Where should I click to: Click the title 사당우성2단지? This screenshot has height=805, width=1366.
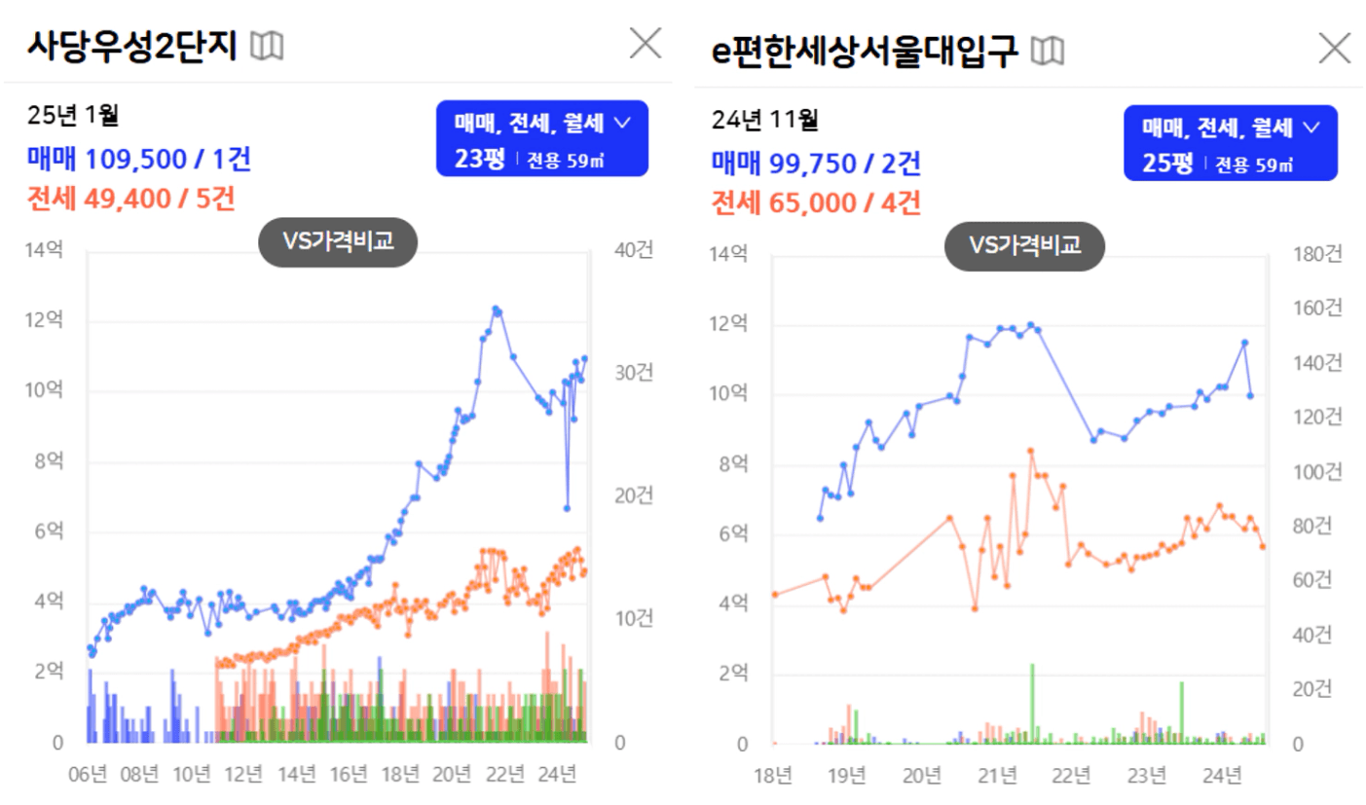[x=132, y=46]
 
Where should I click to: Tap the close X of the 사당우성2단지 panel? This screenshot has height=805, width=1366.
[x=646, y=43]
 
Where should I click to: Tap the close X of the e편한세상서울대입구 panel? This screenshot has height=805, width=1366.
[x=1334, y=48]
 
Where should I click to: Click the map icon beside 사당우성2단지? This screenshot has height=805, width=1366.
[x=267, y=46]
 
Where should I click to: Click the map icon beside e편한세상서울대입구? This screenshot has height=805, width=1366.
[x=1048, y=51]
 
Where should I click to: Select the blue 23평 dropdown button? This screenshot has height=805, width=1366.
[x=542, y=139]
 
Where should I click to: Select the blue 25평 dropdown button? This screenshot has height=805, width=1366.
[x=1230, y=143]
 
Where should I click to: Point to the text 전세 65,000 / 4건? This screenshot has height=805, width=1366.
[x=816, y=203]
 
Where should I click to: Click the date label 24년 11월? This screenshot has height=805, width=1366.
[x=764, y=121]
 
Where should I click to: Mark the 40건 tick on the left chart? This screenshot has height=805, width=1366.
[x=633, y=250]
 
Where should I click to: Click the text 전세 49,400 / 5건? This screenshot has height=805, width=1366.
[x=131, y=200]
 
